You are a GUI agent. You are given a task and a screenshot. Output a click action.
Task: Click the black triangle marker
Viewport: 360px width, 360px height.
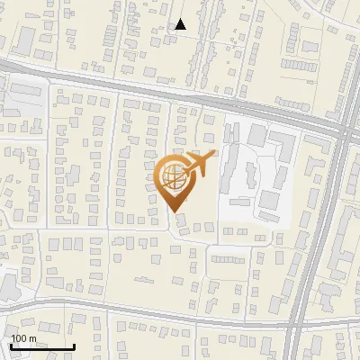[x=181, y=24]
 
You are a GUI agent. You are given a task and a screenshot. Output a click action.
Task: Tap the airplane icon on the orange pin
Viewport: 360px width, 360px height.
[x=199, y=163]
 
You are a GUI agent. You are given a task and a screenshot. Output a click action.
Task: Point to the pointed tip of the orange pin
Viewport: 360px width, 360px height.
[x=175, y=211]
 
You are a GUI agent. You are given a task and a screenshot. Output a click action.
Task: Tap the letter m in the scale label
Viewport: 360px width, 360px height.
[x=32, y=337]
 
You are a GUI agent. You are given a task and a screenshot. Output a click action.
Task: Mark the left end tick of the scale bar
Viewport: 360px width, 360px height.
[x=11, y=346]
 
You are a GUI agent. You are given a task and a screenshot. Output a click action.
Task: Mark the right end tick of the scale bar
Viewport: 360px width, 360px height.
[x=73, y=346]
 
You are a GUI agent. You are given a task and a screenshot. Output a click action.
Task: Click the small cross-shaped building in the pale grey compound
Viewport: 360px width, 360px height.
[x=271, y=200]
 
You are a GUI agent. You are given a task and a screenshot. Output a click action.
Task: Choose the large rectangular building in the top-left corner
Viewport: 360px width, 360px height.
[x=24, y=39]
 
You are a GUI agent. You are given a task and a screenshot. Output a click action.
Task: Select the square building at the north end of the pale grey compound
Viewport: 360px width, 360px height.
[x=257, y=134]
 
